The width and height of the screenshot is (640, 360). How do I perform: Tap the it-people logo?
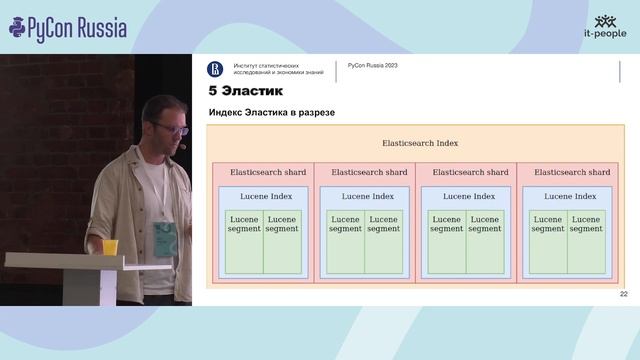pyautogui.click(x=605, y=27)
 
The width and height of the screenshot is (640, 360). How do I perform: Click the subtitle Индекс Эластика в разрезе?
pyautogui.click(x=271, y=112)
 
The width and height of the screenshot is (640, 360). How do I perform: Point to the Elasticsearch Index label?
pyautogui.click(x=420, y=144)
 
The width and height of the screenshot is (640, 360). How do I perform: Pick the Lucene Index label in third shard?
pyautogui.click(x=469, y=196)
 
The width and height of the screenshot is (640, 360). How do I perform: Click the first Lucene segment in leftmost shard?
pyautogui.click(x=244, y=224)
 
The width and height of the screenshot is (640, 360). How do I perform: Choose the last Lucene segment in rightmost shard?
pyautogui.click(x=586, y=224)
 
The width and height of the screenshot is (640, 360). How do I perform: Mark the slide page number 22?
pyautogui.click(x=624, y=294)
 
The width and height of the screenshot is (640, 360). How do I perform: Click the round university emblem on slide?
pyautogui.click(x=215, y=69)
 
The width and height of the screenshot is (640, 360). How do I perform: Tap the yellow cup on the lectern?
pyautogui.click(x=110, y=247)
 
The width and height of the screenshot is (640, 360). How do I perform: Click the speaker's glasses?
pyautogui.click(x=171, y=129)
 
